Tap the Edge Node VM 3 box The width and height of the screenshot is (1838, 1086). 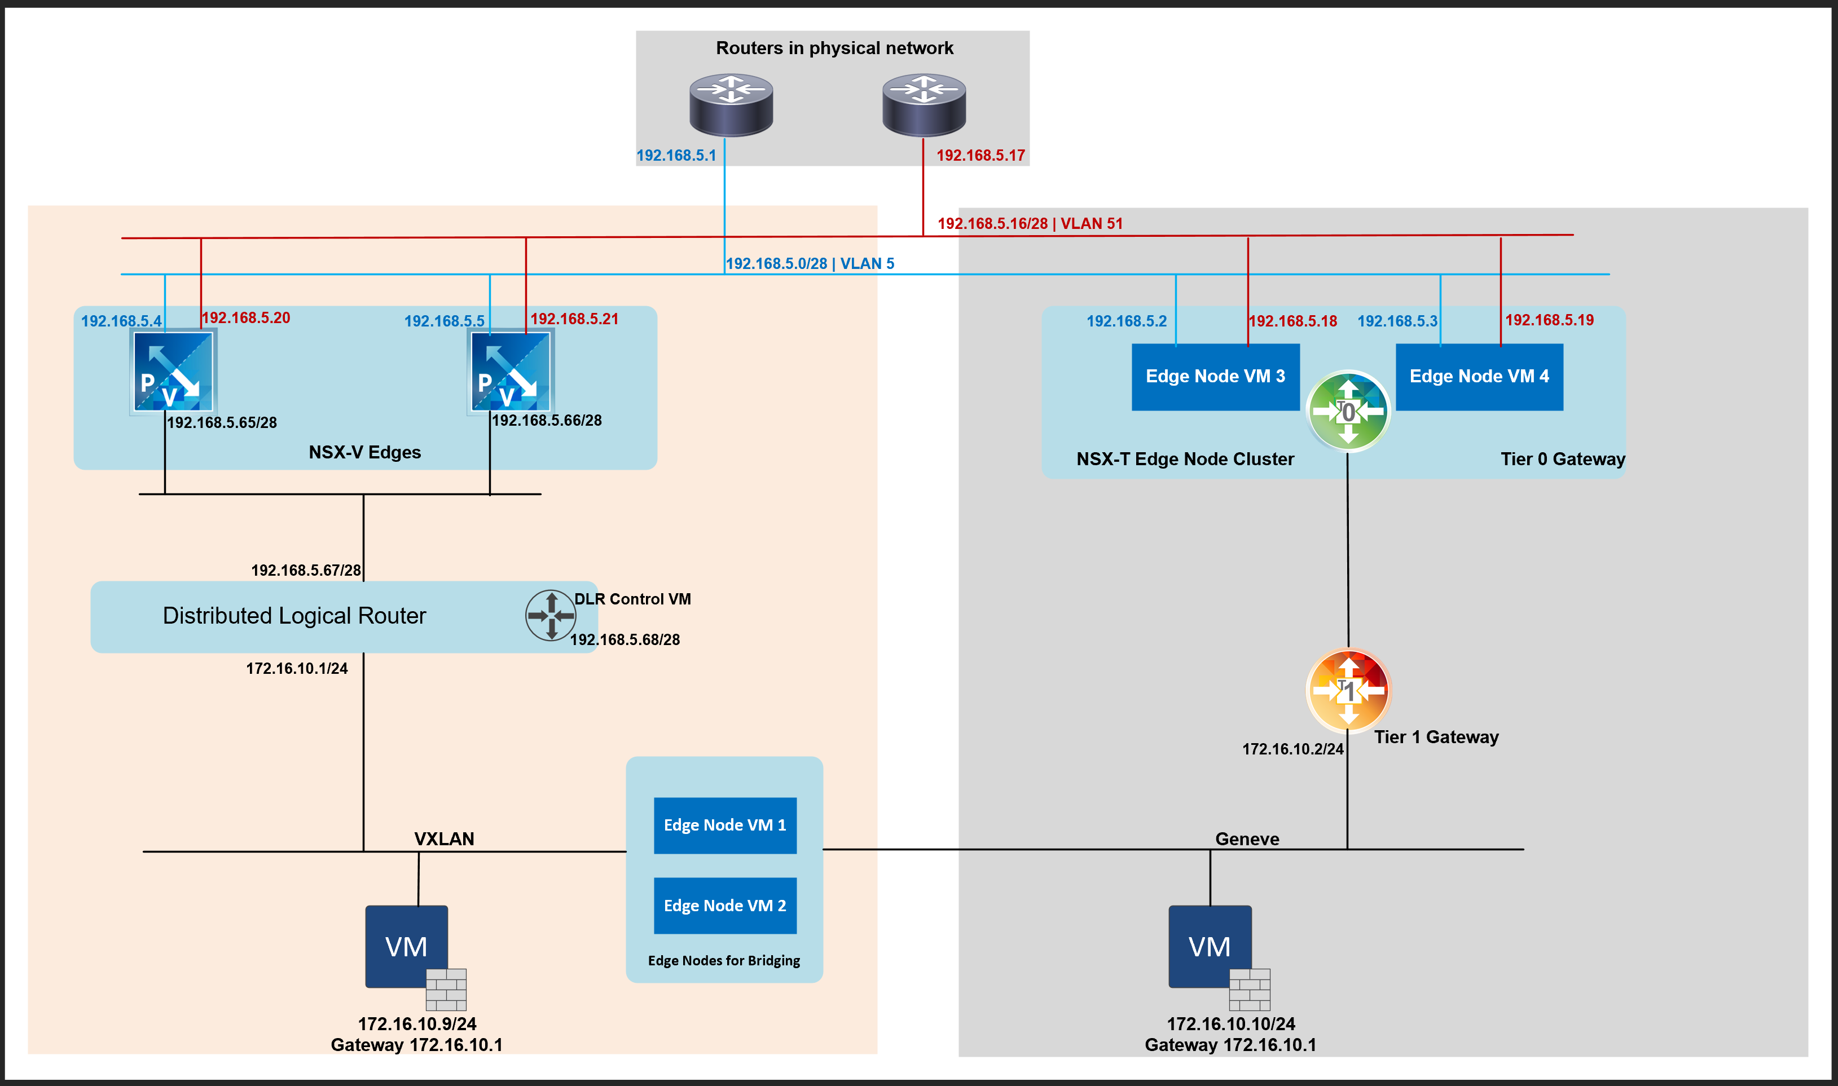(1215, 377)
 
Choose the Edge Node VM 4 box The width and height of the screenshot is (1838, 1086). (1479, 377)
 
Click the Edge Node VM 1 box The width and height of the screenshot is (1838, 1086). (725, 825)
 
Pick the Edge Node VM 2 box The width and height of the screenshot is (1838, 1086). (725, 905)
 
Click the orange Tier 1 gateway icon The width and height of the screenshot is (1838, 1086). (1348, 690)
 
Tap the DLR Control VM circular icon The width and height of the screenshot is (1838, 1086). (551, 615)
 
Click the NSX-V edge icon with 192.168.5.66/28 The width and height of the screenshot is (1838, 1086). (510, 372)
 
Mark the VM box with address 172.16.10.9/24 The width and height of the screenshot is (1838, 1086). (407, 946)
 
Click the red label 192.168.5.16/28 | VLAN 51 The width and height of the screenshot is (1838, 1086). (1030, 224)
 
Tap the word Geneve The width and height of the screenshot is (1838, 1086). (1247, 838)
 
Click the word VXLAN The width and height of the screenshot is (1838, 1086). (445, 838)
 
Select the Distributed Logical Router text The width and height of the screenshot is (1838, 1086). (294, 615)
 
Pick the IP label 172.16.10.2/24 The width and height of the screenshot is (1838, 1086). (1292, 749)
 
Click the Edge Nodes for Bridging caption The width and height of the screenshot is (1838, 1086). (724, 961)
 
